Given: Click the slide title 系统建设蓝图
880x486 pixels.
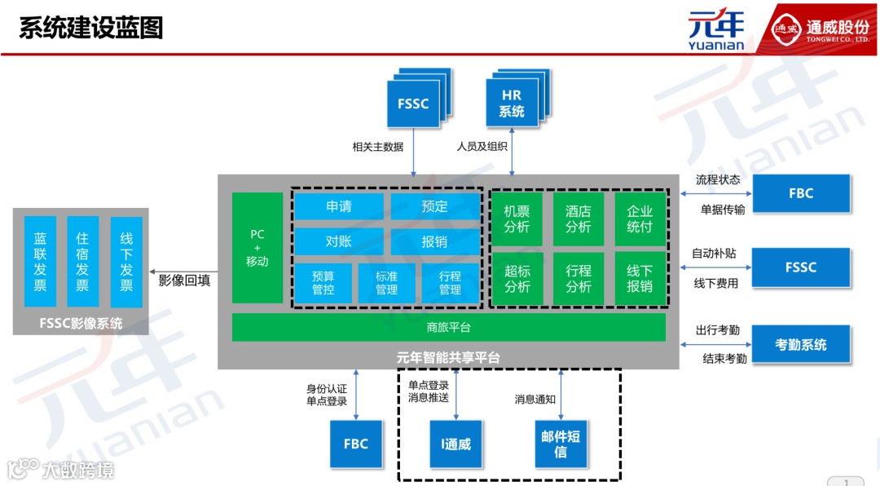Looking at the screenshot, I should [91, 27].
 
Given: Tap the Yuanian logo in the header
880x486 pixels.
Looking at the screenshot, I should [716, 30].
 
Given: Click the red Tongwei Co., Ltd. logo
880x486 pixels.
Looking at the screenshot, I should [820, 29].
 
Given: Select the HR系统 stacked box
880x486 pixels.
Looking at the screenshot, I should [513, 104].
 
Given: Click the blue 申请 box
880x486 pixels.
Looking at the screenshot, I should [338, 206].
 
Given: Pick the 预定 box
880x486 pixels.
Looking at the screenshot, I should [435, 206].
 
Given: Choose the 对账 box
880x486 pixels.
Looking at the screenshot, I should [338, 241].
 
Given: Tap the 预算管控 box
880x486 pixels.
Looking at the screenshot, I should [323, 282].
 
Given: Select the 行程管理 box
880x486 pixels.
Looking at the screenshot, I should [450, 282].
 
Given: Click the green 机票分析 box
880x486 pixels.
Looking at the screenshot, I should [517, 219].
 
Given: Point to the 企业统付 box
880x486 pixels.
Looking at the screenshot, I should [640, 219].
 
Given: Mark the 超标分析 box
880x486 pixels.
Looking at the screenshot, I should [517, 278].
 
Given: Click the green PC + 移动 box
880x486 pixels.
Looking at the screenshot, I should [257, 248].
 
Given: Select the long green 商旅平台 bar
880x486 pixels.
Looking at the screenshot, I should [448, 328].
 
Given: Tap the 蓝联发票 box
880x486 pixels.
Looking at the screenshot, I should [40, 262].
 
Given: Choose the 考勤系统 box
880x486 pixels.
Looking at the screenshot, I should [801, 345].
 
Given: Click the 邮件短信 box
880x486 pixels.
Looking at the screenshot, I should [561, 444].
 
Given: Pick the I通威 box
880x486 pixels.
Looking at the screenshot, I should [456, 444].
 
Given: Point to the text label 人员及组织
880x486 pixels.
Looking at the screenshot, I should [482, 147].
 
